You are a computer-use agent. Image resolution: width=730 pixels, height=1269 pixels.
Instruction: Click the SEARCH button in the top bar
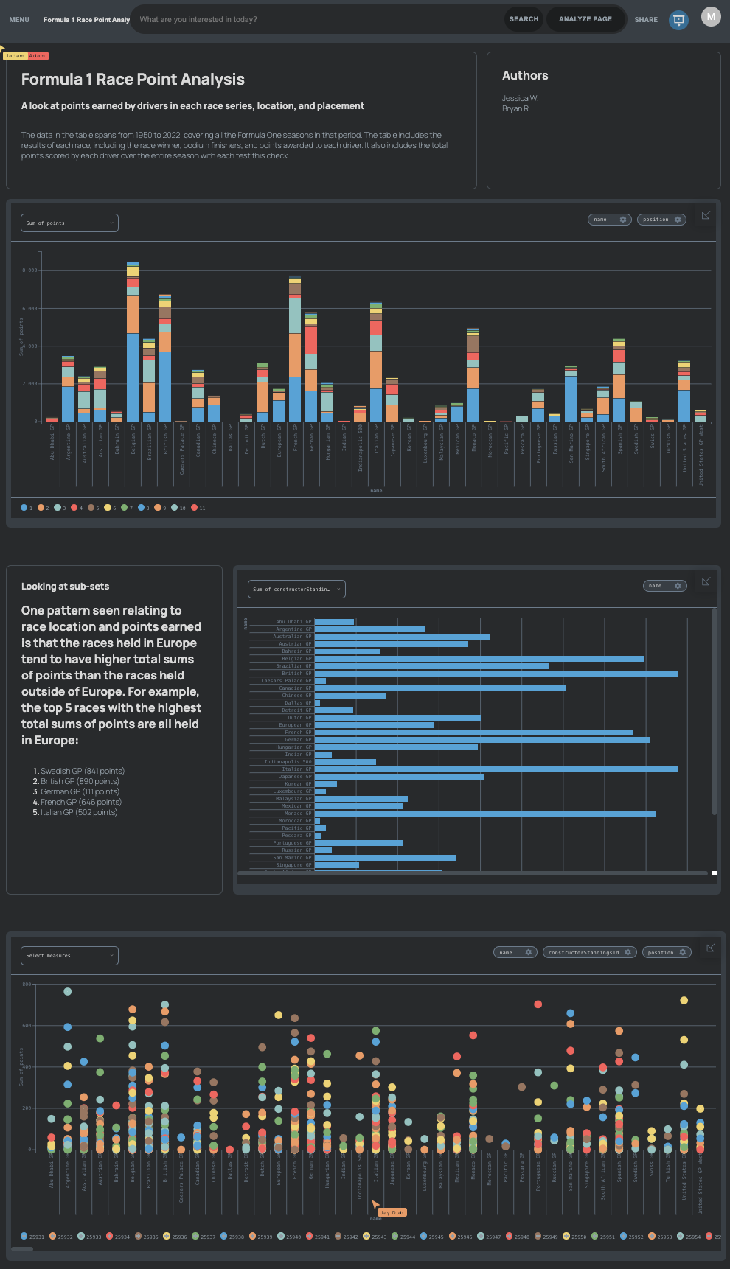(524, 19)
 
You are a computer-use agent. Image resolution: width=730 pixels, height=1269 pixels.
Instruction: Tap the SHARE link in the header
(646, 20)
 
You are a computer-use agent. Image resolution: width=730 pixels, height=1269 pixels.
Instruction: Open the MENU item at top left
(19, 20)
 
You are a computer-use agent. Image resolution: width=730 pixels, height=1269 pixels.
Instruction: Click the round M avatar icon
(710, 17)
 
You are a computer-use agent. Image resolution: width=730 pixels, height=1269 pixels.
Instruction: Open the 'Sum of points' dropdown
(69, 223)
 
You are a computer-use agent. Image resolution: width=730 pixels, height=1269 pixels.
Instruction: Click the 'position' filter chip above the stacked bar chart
(661, 220)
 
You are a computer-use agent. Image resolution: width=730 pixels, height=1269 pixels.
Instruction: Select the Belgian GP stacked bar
(133, 346)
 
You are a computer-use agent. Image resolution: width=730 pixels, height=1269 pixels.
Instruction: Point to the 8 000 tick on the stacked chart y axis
(29, 270)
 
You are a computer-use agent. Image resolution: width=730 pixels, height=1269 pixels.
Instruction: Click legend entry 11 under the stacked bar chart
(198, 508)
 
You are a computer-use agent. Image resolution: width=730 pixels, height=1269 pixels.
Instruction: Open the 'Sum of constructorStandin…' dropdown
(296, 589)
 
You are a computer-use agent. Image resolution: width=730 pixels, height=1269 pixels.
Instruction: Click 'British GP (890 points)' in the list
(80, 781)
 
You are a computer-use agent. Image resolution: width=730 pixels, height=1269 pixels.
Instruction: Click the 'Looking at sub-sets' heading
(65, 587)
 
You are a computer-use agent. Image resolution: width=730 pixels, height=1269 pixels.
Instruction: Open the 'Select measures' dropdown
(69, 956)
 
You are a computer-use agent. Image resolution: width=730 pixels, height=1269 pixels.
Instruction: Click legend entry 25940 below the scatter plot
(289, 1237)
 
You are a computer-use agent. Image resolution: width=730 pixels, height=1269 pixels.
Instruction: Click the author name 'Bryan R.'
(516, 108)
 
